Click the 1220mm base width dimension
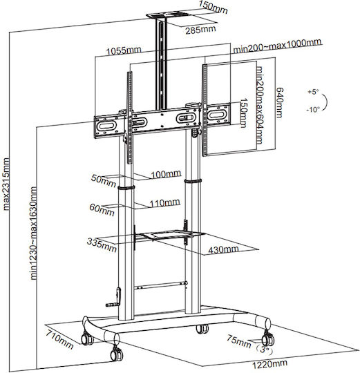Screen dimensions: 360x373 point(269,364)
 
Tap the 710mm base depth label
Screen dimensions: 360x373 point(59,339)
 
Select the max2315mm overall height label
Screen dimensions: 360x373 point(6,184)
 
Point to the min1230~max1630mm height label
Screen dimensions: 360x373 point(34,233)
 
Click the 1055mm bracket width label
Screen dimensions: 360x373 point(124,50)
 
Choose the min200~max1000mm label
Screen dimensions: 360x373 point(278,46)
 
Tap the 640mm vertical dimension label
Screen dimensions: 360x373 point(279,102)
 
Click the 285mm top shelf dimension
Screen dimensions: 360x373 point(200,30)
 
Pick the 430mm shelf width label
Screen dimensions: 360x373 point(223,249)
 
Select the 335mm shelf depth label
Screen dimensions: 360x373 point(102,245)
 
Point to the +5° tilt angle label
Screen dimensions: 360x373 point(313,92)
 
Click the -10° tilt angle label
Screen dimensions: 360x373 point(313,110)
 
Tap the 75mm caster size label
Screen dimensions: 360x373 point(239,341)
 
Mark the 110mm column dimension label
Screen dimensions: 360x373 point(164,202)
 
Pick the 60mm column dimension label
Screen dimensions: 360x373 point(102,210)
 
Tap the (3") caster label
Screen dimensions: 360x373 point(264,350)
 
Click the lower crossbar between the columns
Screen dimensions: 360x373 point(160,285)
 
